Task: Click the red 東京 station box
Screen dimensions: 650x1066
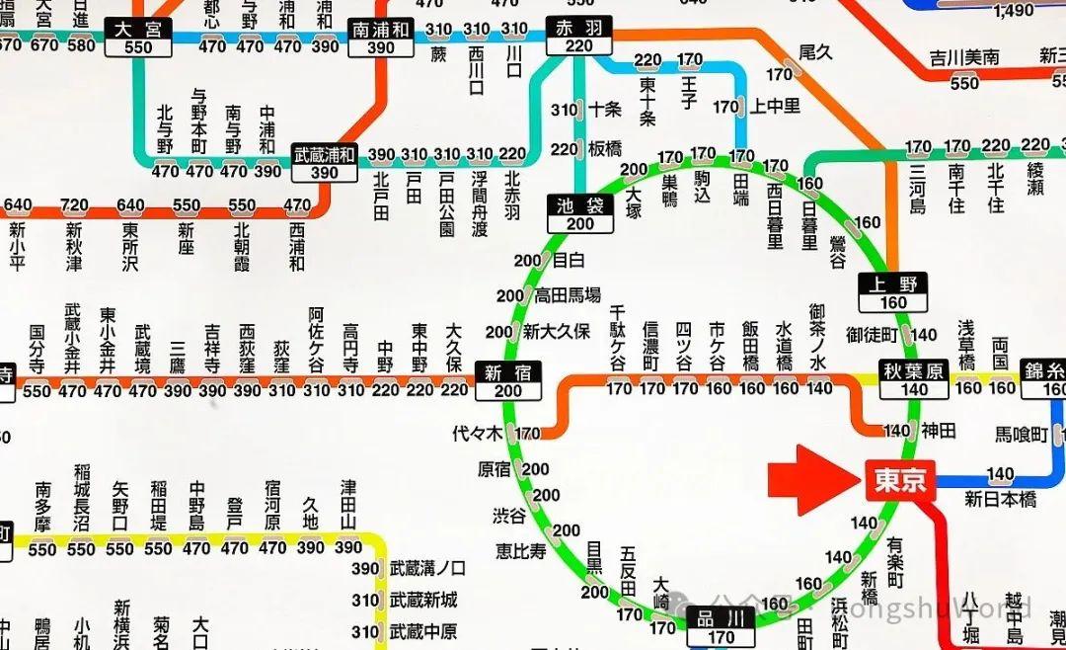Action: click(x=899, y=480)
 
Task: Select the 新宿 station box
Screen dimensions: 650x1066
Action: click(x=508, y=380)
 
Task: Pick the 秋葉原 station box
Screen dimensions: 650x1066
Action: click(x=915, y=379)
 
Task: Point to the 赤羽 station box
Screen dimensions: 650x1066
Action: click(x=579, y=37)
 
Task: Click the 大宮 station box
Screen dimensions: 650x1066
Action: click(x=138, y=37)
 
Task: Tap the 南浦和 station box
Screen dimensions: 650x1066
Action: click(x=380, y=37)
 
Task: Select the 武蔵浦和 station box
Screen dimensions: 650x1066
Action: click(x=324, y=164)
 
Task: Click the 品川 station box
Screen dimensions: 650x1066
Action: click(x=721, y=626)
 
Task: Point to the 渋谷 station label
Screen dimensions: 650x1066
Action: click(x=509, y=515)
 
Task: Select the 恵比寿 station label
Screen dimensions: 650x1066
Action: click(x=521, y=551)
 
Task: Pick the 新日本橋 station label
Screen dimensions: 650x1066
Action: click(x=1001, y=499)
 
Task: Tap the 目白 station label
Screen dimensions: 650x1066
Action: click(x=569, y=261)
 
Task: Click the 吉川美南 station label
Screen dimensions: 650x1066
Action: click(x=965, y=58)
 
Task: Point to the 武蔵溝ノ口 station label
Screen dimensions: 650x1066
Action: click(x=427, y=568)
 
